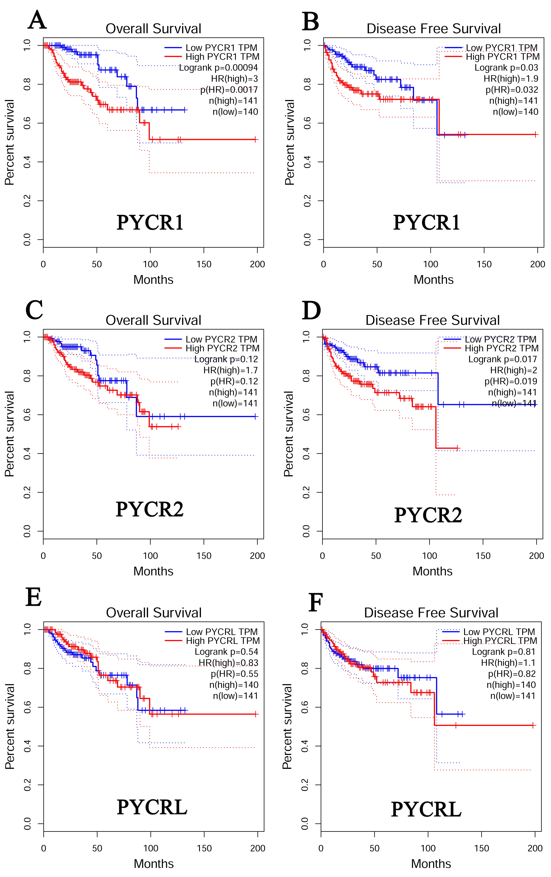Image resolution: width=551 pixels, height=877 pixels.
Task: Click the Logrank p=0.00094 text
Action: pyautogui.click(x=218, y=68)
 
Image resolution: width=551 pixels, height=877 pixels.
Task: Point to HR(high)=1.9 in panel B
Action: pyautogui.click(x=511, y=79)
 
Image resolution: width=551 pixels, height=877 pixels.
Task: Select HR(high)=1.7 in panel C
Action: pyautogui.click(x=230, y=370)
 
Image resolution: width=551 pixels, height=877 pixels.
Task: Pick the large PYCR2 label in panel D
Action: pyautogui.click(x=428, y=515)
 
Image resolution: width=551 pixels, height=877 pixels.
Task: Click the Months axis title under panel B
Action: pyautogui.click(x=433, y=280)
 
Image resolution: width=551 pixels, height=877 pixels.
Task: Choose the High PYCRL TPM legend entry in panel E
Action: pyautogui.click(x=223, y=641)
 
